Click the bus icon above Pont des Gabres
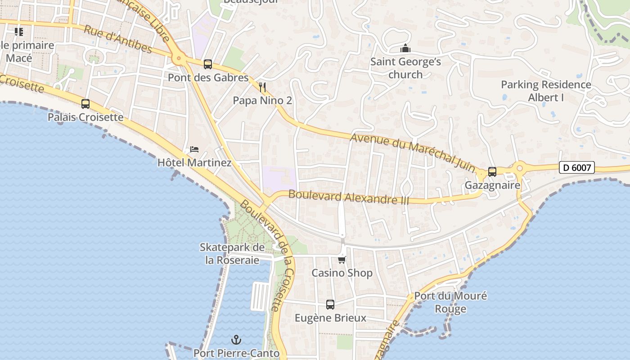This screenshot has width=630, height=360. (207, 64)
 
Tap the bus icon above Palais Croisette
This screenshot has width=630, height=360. (85, 104)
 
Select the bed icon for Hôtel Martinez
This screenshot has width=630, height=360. (194, 149)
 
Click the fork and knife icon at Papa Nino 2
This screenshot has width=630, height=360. (263, 87)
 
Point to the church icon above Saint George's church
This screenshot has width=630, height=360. (405, 48)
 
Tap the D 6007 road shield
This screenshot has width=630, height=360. (577, 168)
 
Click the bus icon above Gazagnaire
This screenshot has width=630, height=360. (492, 172)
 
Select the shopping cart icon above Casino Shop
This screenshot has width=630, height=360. (342, 260)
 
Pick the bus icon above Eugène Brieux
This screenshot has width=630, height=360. (330, 305)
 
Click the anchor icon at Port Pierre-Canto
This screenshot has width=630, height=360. (236, 340)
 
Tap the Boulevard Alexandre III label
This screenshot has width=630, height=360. (349, 197)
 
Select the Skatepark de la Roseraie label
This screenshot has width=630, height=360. (232, 254)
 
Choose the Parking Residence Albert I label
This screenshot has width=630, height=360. (546, 91)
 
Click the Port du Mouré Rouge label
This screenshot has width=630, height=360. (450, 302)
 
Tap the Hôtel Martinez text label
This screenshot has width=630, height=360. (194, 163)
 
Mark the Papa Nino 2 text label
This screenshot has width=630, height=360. (262, 101)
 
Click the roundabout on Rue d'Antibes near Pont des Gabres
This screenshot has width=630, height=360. (179, 58)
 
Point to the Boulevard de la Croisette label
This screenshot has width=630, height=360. (268, 255)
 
